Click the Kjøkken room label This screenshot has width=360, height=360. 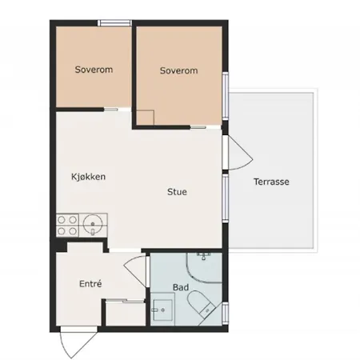pyautogui.click(x=88, y=177)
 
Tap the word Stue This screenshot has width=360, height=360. pyautogui.click(x=177, y=192)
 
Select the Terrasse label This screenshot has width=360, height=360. pyautogui.click(x=271, y=182)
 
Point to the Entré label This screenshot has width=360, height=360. pyautogui.click(x=90, y=283)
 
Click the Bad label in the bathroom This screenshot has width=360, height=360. pyautogui.click(x=181, y=287)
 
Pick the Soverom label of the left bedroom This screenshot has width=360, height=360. pyautogui.click(x=94, y=70)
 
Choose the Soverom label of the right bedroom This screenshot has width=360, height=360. pyautogui.click(x=178, y=70)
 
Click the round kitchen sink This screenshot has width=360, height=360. pyautogui.click(x=93, y=225)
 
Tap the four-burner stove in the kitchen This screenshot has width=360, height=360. pyautogui.click(x=67, y=225)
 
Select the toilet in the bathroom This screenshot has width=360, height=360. pyautogui.click(x=202, y=303)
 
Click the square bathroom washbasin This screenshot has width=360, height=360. pyautogui.click(x=162, y=310)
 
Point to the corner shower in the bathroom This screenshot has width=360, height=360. pyautogui.click(x=204, y=267)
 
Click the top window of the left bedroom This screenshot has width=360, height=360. pyautogui.click(x=115, y=23)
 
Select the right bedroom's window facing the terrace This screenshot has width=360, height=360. pyautogui.click(x=226, y=96)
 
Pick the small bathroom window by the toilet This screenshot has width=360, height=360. pyautogui.click(x=226, y=314)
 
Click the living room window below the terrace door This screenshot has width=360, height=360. pyautogui.click(x=226, y=198)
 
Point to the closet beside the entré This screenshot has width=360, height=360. pyautogui.click(x=126, y=314)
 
